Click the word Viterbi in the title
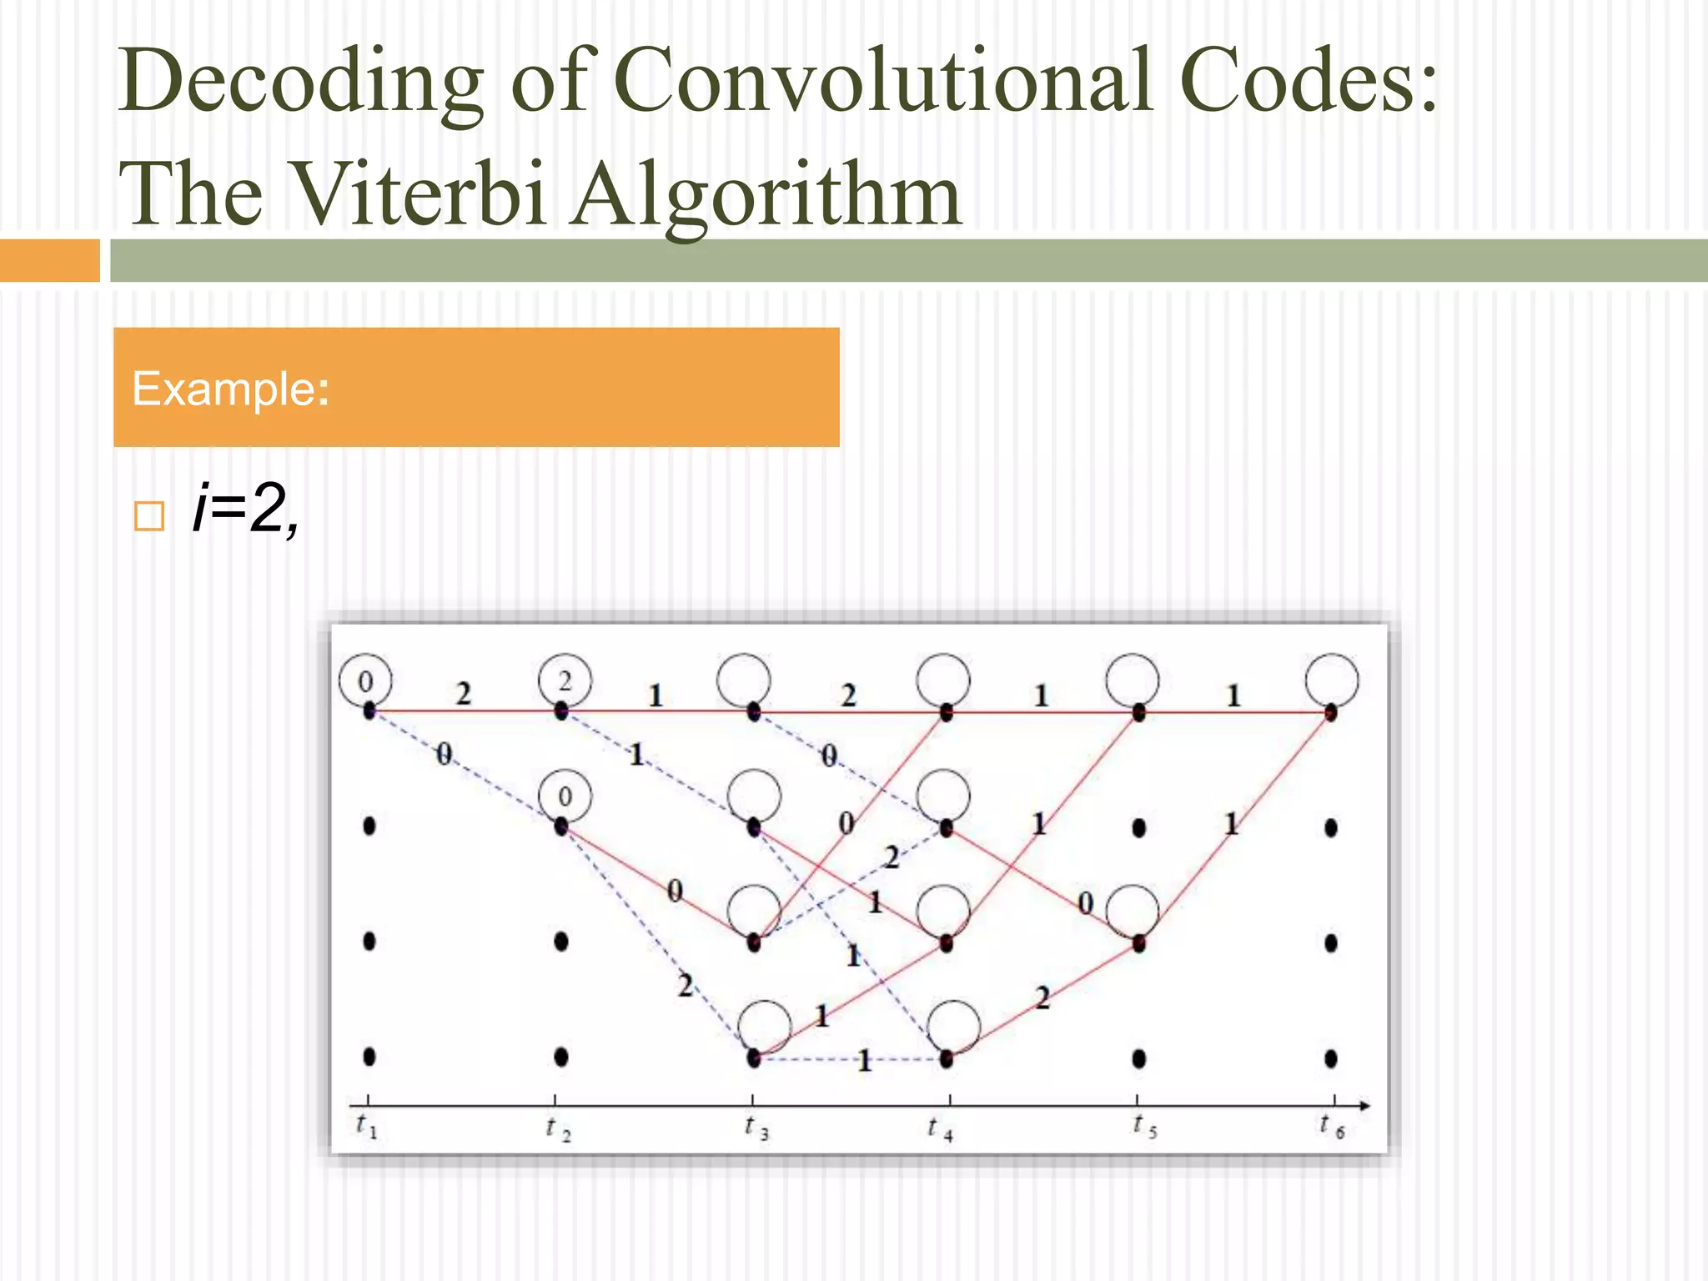coord(420,193)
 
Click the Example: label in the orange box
coord(231,389)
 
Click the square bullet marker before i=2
coord(149,516)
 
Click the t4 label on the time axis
coord(940,1129)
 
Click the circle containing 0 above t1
coord(365,681)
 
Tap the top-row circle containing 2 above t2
coord(565,681)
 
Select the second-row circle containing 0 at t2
coord(565,796)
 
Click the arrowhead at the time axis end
coord(1364,1106)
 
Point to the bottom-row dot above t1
coord(369,1057)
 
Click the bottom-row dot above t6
coord(1331,1058)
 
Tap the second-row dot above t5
coord(1139,827)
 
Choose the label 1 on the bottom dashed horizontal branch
coord(865,1061)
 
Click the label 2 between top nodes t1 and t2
coord(464,694)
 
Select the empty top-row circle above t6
coord(1332,680)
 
